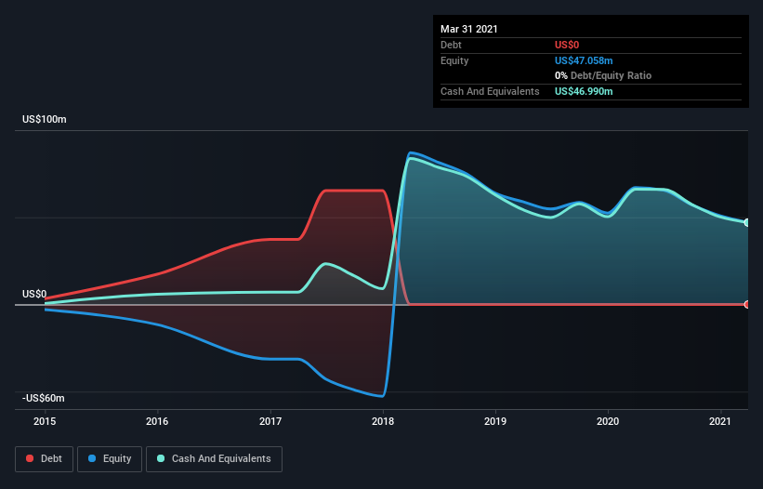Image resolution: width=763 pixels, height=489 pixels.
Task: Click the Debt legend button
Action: point(44,458)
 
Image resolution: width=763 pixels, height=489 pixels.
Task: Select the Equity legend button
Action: point(109,458)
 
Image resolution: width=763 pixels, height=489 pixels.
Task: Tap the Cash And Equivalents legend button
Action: point(214,458)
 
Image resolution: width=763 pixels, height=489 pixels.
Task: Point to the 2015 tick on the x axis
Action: point(45,421)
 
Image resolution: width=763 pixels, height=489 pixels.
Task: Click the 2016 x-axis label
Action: point(158,421)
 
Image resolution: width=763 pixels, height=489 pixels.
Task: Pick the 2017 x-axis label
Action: point(270,421)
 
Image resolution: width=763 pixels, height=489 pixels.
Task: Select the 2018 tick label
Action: point(383,421)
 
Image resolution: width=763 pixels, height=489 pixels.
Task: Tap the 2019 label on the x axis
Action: point(495,421)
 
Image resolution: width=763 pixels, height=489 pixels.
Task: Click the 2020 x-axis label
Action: point(608,421)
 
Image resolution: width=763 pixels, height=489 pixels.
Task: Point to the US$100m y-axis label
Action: point(45,120)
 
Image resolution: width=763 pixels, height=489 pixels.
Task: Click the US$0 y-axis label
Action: point(34,294)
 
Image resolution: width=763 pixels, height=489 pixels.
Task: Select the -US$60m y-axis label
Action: point(44,398)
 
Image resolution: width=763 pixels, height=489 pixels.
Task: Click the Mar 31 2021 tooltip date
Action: point(469,29)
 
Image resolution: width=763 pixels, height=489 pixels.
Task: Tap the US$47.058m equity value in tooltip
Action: point(584,60)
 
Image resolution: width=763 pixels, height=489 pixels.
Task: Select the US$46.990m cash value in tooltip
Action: point(584,91)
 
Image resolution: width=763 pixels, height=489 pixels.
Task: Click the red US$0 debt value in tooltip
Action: point(567,45)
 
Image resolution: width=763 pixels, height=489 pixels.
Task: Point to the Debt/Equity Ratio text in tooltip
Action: point(609,75)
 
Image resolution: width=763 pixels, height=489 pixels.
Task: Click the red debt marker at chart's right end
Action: point(747,305)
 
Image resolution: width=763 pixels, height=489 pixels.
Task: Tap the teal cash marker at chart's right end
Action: point(747,222)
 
